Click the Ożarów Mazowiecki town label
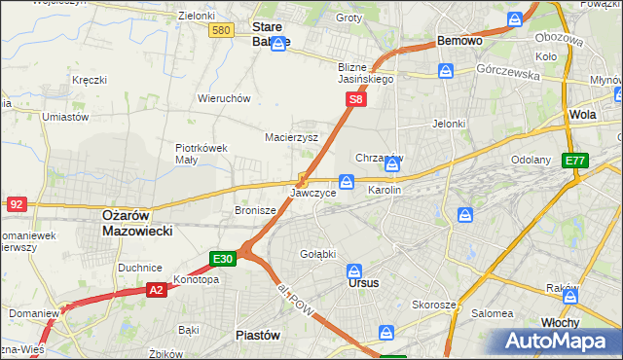pos(137,223)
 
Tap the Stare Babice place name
pos(271,34)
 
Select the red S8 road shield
pos(357,99)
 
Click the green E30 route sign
pos(222,259)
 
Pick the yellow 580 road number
pos(221,31)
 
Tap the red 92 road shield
pos(17,204)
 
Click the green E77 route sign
pos(575,161)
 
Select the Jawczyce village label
pos(313,194)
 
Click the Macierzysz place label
pos(292,137)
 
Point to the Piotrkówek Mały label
pos(201,154)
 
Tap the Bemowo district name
pos(459,42)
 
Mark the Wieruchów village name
pos(225,98)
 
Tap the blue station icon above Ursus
pos(355,270)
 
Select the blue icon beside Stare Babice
pos(278,45)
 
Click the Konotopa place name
pos(196,279)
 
